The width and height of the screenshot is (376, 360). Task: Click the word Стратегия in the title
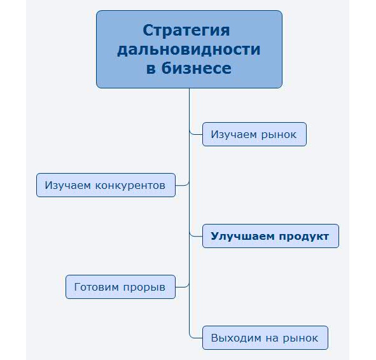click(x=186, y=31)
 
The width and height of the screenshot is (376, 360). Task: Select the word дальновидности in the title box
click(x=189, y=50)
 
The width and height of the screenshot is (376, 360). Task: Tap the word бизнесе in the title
click(x=197, y=68)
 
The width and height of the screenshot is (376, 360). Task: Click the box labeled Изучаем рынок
click(x=254, y=134)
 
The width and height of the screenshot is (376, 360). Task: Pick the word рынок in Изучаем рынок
click(x=279, y=135)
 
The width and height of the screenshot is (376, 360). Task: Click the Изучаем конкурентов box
click(x=106, y=185)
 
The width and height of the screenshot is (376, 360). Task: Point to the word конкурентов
click(x=130, y=186)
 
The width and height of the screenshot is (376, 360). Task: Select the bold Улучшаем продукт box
click(x=271, y=236)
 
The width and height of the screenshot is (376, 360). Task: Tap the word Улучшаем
click(x=242, y=237)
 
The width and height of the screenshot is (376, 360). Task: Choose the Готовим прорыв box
click(x=121, y=287)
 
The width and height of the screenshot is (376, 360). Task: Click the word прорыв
click(x=144, y=287)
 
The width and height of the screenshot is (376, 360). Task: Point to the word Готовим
click(x=97, y=287)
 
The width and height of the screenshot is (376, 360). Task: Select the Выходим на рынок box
click(x=265, y=338)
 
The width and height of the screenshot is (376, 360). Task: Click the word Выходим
click(x=236, y=338)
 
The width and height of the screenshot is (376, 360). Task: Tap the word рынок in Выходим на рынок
click(x=300, y=338)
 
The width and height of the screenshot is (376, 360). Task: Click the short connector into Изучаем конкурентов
click(x=182, y=184)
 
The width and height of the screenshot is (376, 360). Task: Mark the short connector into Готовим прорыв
click(x=182, y=286)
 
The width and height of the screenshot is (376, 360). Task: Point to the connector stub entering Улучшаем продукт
click(x=196, y=235)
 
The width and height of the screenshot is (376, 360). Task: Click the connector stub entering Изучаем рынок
click(x=196, y=134)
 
